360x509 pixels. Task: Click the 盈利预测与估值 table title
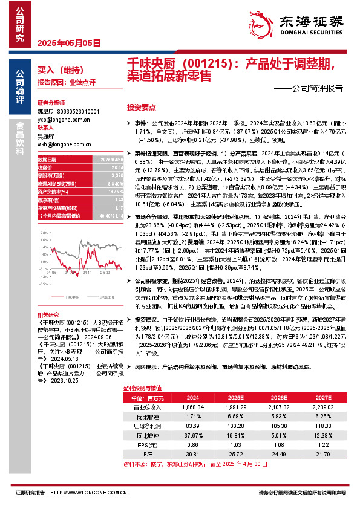[x=142, y=387]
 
